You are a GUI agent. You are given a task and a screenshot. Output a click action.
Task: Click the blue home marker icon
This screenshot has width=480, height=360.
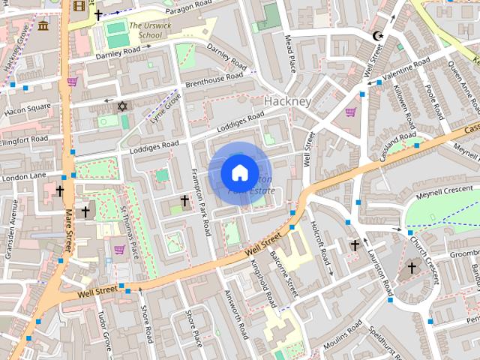coord(239,172)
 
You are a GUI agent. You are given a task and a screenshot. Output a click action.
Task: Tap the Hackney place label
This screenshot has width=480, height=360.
coord(287,100)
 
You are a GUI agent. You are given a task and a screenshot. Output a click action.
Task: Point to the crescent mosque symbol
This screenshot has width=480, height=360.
coord(377,35)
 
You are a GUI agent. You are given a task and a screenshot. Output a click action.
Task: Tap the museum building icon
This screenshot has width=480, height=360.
coord(43,27)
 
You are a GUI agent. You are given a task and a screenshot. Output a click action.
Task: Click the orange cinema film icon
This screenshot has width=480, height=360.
coord(79,7)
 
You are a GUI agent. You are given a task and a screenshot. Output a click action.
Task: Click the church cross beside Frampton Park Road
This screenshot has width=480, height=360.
coord(184,200)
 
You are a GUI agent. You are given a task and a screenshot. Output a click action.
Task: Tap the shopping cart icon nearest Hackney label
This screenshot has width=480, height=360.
coord(350,112)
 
